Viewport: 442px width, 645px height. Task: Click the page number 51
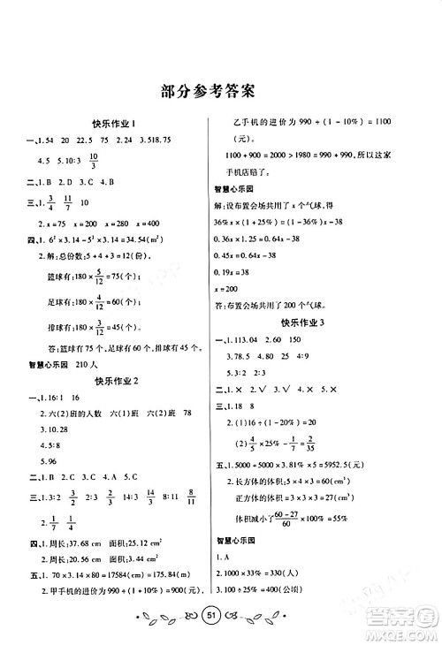click(221, 615)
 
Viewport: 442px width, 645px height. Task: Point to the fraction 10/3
click(90, 160)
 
